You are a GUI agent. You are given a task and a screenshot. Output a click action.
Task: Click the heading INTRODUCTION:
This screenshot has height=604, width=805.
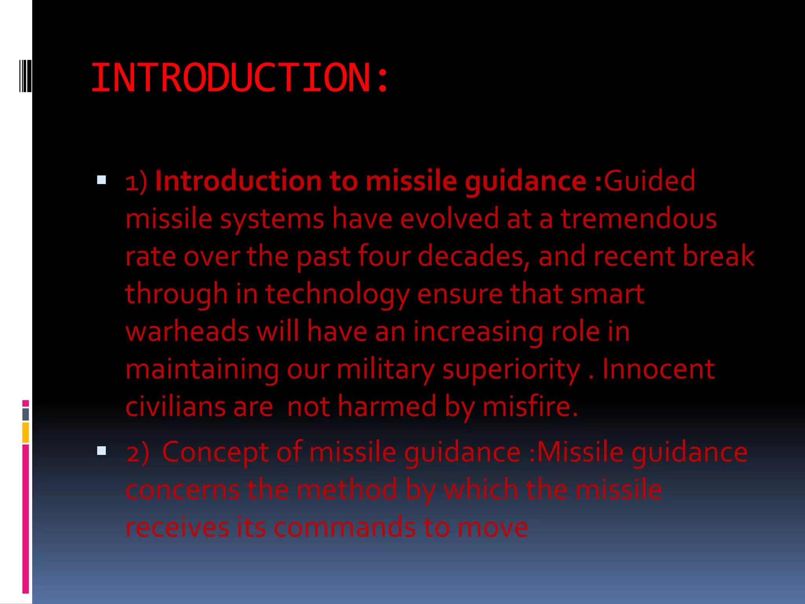[240, 78]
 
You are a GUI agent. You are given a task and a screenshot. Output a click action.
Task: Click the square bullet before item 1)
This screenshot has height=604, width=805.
[101, 180]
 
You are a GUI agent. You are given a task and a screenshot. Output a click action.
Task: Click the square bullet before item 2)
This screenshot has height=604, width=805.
[101, 451]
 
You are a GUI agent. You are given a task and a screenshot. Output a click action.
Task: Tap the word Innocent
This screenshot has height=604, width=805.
[658, 369]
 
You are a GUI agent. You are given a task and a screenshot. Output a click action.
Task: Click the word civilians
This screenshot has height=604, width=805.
[175, 407]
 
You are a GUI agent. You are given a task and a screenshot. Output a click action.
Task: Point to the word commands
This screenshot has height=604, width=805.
[344, 527]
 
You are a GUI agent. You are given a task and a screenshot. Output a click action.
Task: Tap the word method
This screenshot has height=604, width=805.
[347, 490]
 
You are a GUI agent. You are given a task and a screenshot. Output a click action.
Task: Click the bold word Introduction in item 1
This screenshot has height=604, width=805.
[238, 181]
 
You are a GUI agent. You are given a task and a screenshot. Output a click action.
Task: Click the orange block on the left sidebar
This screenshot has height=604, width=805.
[26, 433]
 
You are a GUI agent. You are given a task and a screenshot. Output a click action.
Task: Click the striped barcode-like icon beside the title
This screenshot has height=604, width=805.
[25, 75]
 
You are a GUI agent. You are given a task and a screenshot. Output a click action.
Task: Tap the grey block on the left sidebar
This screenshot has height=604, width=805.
[26, 414]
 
